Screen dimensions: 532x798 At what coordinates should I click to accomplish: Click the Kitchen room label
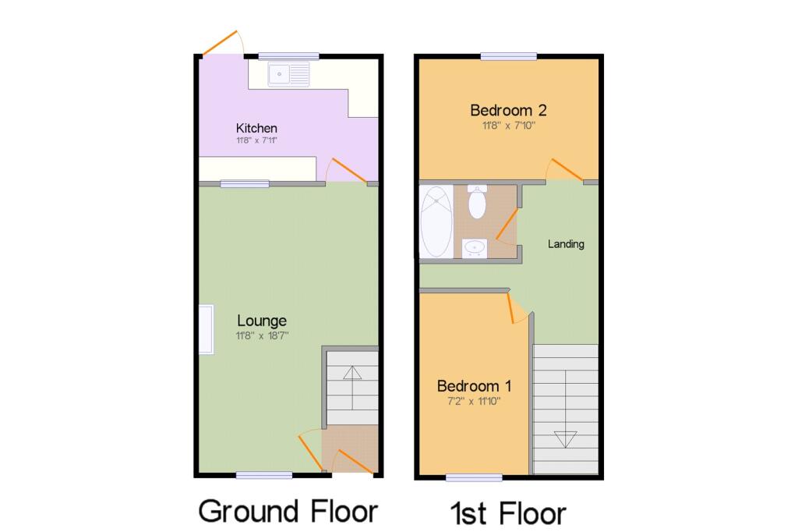(256, 128)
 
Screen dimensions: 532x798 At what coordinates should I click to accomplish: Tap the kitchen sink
(288, 75)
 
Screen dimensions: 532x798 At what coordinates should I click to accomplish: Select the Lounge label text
(262, 321)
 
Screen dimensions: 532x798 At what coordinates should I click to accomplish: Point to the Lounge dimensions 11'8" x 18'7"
(262, 336)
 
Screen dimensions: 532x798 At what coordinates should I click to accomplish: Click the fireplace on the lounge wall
(207, 329)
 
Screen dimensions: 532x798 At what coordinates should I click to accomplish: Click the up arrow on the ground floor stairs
(351, 382)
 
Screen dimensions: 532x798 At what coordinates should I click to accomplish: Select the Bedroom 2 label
(507, 110)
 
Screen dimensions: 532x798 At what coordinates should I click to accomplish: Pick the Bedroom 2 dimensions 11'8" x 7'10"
(507, 125)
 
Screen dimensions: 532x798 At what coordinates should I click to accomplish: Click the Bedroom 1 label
(474, 386)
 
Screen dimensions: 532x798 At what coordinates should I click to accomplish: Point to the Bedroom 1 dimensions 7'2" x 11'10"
(474, 401)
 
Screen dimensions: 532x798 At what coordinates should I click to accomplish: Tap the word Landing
(566, 244)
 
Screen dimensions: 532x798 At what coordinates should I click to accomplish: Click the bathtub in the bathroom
(436, 222)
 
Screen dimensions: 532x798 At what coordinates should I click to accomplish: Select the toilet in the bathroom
(477, 202)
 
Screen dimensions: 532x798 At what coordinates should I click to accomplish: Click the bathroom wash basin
(475, 248)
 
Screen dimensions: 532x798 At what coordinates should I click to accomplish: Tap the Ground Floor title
(288, 511)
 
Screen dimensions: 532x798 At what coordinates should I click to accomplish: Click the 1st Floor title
(507, 514)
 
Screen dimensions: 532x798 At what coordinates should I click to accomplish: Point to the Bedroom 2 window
(508, 55)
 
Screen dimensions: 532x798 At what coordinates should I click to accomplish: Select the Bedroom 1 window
(474, 476)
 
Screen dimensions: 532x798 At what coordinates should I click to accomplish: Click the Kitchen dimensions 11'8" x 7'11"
(256, 141)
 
